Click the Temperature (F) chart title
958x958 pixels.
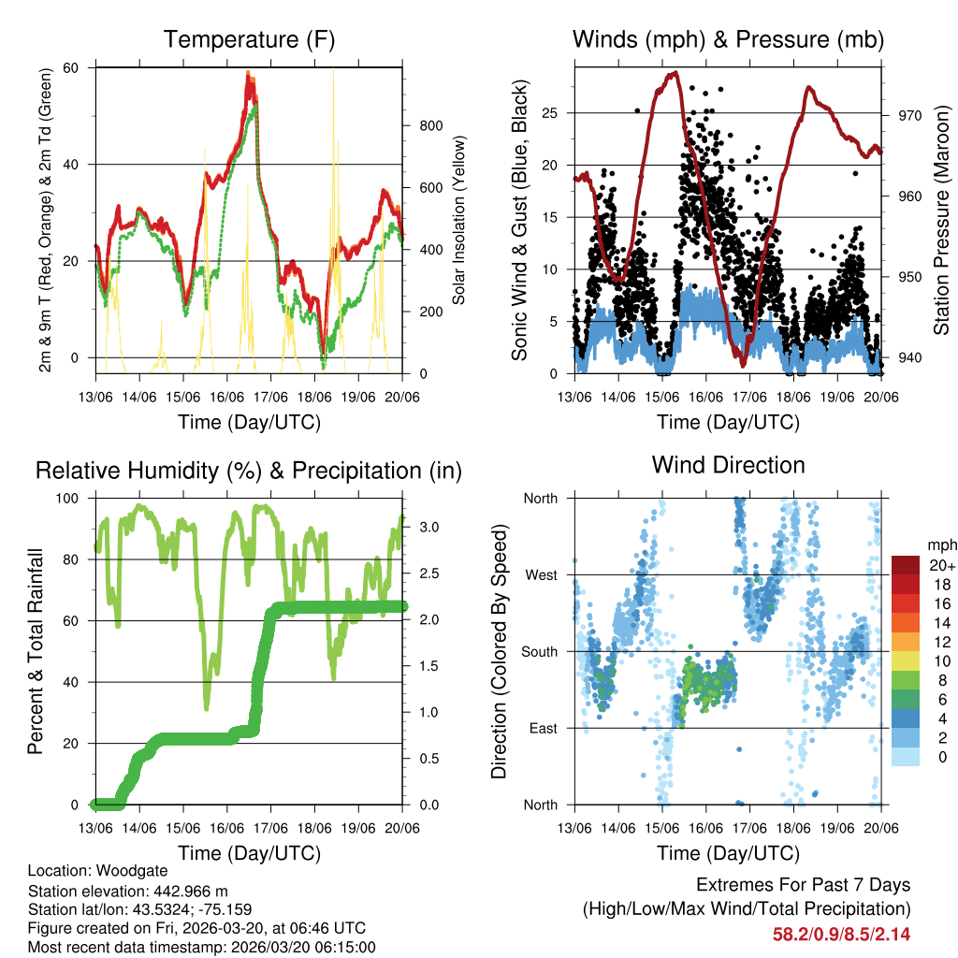pyautogui.click(x=249, y=39)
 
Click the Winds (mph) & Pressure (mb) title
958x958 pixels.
pyautogui.click(x=728, y=39)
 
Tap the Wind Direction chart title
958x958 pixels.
pyautogui.click(x=728, y=464)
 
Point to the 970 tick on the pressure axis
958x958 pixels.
pyautogui.click(x=910, y=115)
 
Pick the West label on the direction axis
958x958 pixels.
pyautogui.click(x=541, y=574)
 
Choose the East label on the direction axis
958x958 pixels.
pyautogui.click(x=542, y=728)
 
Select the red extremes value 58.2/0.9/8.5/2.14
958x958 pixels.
pyautogui.click(x=841, y=934)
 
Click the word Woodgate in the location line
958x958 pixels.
pyautogui.click(x=119, y=871)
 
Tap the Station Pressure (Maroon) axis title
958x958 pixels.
pyautogui.click(x=941, y=220)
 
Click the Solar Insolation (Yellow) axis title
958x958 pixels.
pyautogui.click(x=459, y=220)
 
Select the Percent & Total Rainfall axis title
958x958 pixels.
pyautogui.click(x=35, y=652)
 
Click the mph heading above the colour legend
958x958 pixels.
pyautogui.click(x=938, y=544)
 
